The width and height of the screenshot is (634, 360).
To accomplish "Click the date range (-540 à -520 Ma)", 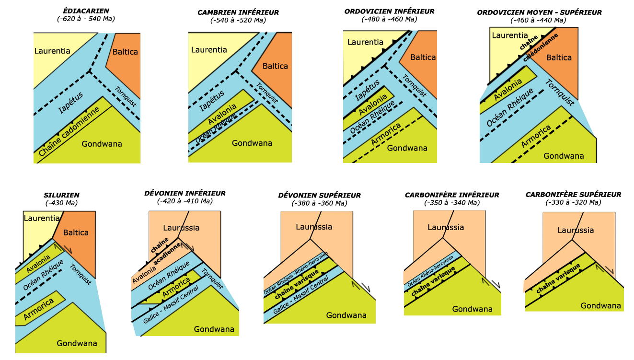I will tap(238, 20).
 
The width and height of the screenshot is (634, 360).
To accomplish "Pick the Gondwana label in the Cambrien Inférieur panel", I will tap(252, 143).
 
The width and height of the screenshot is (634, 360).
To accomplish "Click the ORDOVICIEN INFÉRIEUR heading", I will tap(389, 12).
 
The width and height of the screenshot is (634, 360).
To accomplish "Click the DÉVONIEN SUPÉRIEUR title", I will tap(319, 196).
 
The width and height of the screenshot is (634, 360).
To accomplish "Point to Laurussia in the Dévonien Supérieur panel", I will tap(314, 227).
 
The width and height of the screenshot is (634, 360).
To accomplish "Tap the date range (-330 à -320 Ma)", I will tap(573, 202).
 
